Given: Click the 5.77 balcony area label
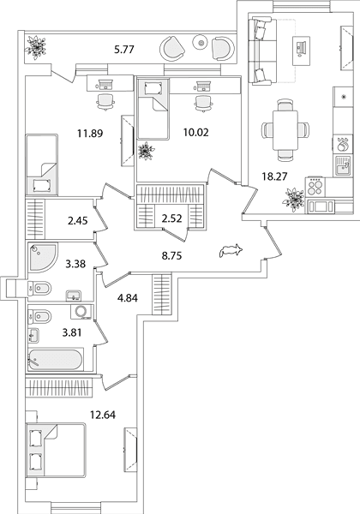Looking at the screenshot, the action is [x=124, y=51].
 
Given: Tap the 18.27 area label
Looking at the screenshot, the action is [x=274, y=176].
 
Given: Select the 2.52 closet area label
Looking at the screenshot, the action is [x=172, y=218].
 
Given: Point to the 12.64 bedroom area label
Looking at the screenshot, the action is [x=103, y=415].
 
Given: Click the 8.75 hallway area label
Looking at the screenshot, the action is [x=171, y=255].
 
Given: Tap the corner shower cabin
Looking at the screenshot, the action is [x=43, y=257].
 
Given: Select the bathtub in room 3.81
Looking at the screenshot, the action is [x=55, y=360].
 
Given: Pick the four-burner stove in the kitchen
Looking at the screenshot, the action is [x=315, y=188].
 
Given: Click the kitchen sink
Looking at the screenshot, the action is [x=343, y=165].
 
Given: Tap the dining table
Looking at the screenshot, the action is [x=285, y=130].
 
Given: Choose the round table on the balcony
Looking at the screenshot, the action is [x=201, y=42].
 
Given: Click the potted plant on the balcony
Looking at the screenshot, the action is [x=36, y=47].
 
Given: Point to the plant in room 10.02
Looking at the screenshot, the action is [x=145, y=152].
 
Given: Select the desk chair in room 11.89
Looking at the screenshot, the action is [x=105, y=102].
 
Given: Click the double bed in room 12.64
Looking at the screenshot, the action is [x=56, y=450].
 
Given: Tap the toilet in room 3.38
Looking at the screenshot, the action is [x=40, y=289].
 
